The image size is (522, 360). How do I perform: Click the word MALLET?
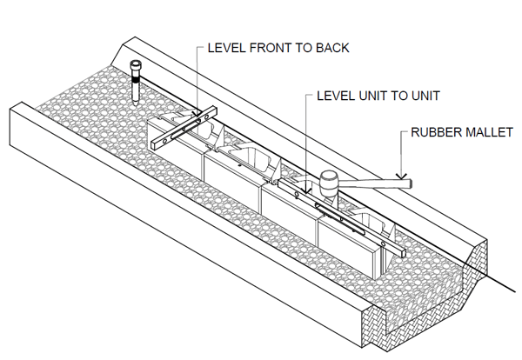click(489, 134)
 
